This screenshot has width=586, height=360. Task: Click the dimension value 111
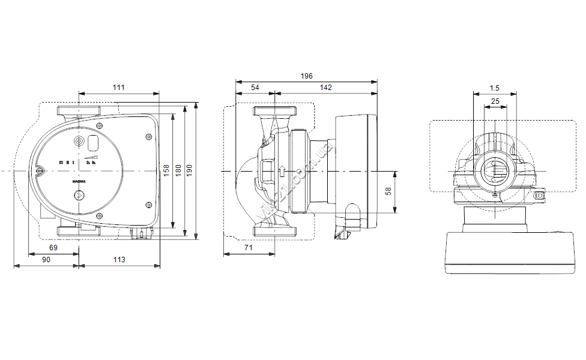point(119,88)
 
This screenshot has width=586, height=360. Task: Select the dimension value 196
point(307,76)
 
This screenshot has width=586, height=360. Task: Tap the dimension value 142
point(325,88)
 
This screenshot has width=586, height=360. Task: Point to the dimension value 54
point(255,88)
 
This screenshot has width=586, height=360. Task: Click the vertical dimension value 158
point(166,170)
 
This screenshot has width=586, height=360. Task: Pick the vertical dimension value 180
point(178,170)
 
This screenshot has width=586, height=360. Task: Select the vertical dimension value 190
point(190,170)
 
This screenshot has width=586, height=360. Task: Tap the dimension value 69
point(53,247)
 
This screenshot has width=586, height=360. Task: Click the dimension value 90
point(46,259)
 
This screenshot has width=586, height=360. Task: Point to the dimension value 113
point(119,259)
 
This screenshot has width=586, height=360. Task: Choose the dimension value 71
point(249,247)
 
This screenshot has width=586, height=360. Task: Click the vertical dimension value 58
point(388,191)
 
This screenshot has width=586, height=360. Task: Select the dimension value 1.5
point(495,88)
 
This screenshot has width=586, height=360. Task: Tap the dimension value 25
point(495,101)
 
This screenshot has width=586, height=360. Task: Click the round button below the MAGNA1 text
point(79,194)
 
